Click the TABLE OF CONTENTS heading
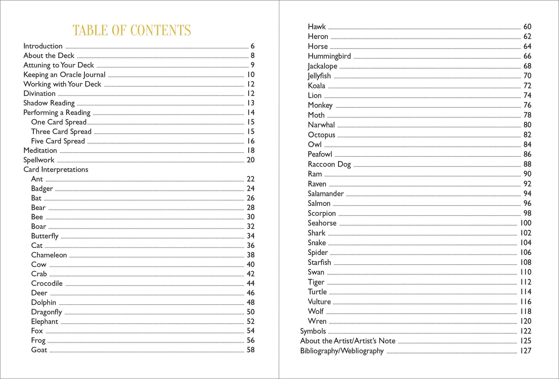[x=132, y=30]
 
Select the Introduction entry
[x=43, y=46]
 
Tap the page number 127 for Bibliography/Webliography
[x=525, y=351]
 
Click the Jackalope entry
[x=322, y=66]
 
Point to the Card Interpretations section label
[x=56, y=170]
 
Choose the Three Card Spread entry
[x=61, y=132]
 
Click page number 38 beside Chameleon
[x=250, y=255]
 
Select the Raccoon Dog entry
[x=329, y=164]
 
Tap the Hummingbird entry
[x=329, y=56]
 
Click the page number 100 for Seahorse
[x=525, y=223]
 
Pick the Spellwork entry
[x=39, y=160]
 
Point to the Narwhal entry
[x=321, y=125]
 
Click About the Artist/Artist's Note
[x=348, y=341]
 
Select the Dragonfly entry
[x=47, y=312]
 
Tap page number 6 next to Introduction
[x=252, y=46]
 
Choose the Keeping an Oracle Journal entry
[x=64, y=75]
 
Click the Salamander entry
[x=325, y=194]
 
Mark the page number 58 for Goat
[x=250, y=350]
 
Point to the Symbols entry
[x=313, y=331]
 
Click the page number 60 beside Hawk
[x=527, y=27]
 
